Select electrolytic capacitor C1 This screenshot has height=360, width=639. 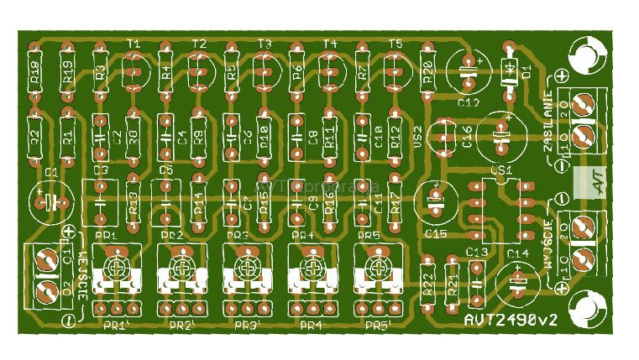[51, 202]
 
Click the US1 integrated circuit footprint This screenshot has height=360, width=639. [501, 206]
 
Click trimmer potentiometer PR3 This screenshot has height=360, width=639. [244, 270]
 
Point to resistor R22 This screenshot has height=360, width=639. [427, 287]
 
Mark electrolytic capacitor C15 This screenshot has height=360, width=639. [436, 201]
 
